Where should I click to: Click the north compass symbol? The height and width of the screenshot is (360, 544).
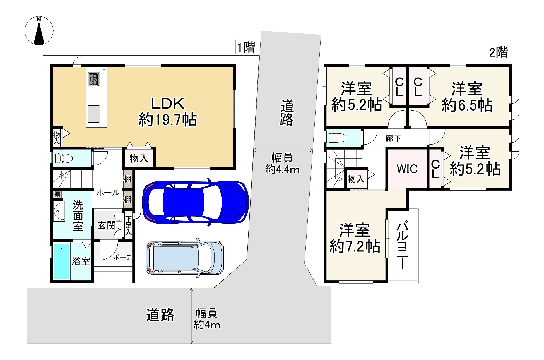39,30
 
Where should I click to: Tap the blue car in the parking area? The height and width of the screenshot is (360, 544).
195,201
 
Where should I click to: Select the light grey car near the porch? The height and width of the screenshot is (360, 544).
185,258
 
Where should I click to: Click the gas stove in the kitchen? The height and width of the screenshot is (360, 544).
94,79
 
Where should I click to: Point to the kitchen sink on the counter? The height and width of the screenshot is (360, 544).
94,114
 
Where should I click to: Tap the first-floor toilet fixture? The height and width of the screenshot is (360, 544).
64,159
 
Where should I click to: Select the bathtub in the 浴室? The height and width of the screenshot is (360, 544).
62,261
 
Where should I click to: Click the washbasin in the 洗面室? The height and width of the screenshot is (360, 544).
59,211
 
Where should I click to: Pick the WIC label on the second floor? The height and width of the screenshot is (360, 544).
407,169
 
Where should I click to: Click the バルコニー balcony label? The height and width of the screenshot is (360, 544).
402,245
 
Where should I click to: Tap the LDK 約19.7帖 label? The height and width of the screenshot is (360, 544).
168,112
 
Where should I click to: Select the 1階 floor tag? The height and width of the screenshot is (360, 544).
246,47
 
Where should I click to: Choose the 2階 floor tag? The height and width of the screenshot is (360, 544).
499,52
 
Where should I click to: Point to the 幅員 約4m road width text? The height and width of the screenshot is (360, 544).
207,319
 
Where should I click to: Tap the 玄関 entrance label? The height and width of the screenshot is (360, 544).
107,225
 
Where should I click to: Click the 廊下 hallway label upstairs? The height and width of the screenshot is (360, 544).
393,138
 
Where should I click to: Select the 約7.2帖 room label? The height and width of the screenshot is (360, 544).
355,246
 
